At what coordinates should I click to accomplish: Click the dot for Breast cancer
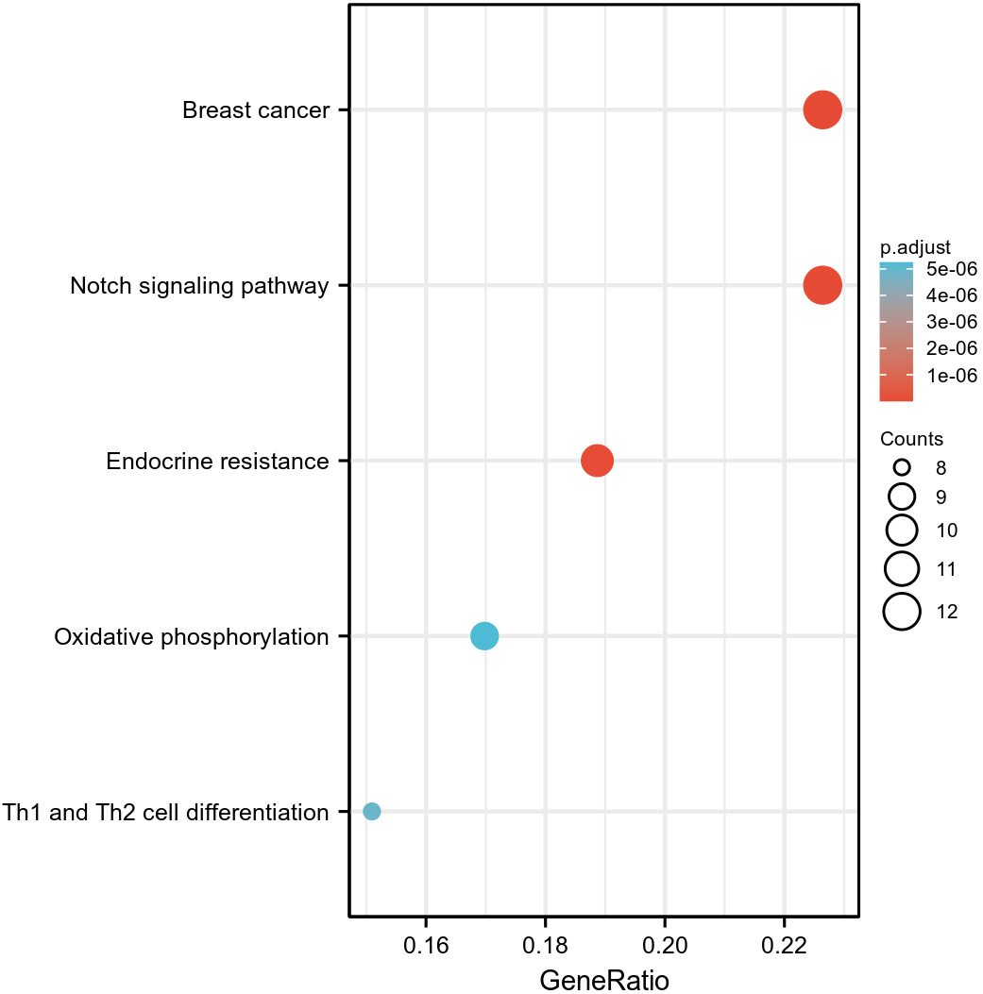(x=822, y=110)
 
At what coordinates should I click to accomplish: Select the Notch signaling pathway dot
(x=822, y=285)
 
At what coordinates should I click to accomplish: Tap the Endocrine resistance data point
(x=597, y=461)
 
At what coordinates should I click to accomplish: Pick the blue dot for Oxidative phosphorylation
(x=484, y=636)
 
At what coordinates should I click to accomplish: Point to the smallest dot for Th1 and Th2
(x=372, y=811)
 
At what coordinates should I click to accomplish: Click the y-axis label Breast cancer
(x=256, y=110)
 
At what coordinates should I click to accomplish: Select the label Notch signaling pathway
(x=199, y=286)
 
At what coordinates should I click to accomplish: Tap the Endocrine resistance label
(x=217, y=462)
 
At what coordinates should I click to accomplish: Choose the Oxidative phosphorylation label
(x=192, y=637)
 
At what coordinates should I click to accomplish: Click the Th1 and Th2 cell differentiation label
(x=166, y=812)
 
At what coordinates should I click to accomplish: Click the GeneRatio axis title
(x=604, y=980)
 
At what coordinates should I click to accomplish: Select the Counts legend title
(x=911, y=439)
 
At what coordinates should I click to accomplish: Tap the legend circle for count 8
(x=902, y=466)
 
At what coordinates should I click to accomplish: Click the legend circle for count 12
(x=902, y=612)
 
